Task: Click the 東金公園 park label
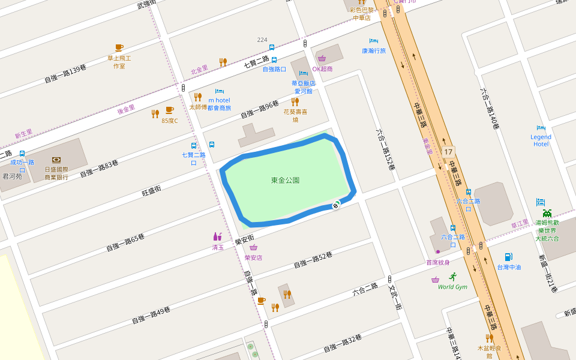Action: [x=285, y=180]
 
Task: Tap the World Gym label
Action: [x=452, y=287]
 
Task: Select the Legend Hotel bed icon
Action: [x=541, y=128]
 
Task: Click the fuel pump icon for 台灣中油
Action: [x=508, y=257]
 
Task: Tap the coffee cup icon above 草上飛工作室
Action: [x=119, y=47]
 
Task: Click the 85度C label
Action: [x=170, y=121]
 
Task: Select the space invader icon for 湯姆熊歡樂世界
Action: [x=547, y=213]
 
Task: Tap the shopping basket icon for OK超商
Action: [x=322, y=59]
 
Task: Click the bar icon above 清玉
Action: [x=217, y=237]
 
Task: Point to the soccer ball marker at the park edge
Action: [x=335, y=206]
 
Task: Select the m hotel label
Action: [x=219, y=100]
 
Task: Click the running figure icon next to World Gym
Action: [x=452, y=277]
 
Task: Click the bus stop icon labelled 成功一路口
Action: [x=22, y=154]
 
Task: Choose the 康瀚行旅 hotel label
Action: [x=374, y=51]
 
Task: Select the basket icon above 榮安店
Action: [x=253, y=247]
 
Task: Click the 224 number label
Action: [x=262, y=40]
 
